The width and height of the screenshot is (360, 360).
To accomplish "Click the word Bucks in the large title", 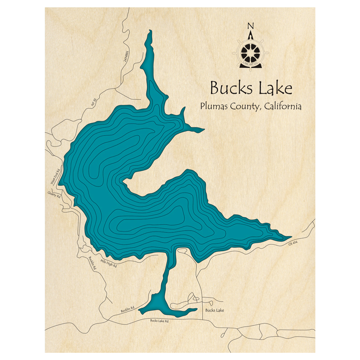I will coord(226,89).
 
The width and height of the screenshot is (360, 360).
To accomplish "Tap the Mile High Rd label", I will coord(109,264).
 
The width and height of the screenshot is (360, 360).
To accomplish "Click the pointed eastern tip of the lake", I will coord(291,237).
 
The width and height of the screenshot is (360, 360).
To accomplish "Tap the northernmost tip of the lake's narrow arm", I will coord(150,31).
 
